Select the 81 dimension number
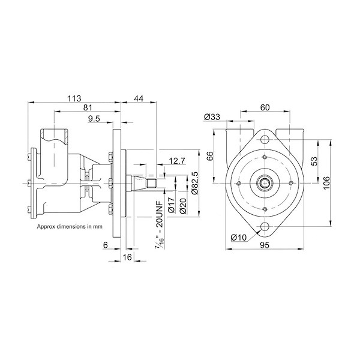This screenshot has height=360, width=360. pos(87,108)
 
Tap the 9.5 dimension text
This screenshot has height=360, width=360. pos(94,119)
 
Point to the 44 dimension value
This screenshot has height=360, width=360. pos(139,98)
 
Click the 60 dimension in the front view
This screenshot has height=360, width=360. pos(265,108)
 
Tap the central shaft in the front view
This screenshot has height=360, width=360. pos(265,183)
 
